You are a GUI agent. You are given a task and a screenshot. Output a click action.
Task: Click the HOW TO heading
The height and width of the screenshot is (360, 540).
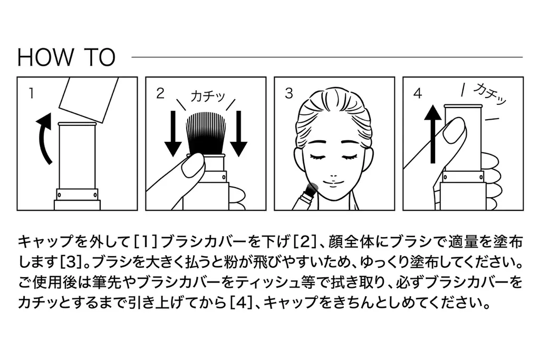[x=66, y=57]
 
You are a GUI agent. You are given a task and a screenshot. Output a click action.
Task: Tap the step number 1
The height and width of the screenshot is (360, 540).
[x=31, y=94]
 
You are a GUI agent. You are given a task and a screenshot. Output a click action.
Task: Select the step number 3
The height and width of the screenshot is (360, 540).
[x=288, y=94]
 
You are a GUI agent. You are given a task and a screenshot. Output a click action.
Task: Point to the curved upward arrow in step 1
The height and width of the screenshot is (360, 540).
[x=44, y=138]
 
